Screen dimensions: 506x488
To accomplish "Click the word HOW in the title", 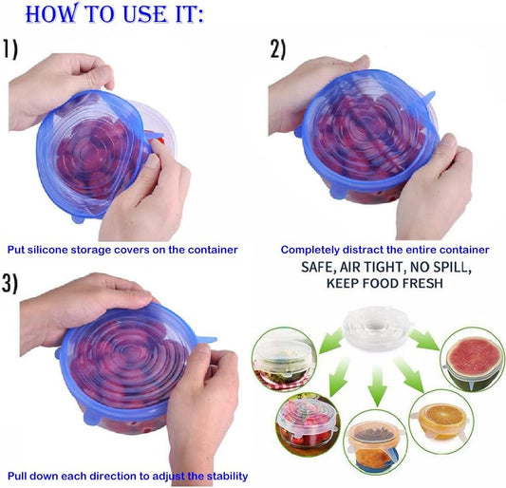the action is [x=51, y=13].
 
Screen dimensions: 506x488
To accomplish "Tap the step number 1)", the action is [x=10, y=49].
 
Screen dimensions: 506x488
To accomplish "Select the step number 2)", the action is [x=278, y=49].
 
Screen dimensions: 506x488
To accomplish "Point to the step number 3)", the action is [x=9, y=284].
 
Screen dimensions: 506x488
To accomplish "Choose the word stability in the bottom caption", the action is [x=227, y=476].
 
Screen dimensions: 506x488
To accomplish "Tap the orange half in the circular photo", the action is [x=442, y=418].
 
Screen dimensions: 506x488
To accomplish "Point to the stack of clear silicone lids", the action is [x=377, y=328].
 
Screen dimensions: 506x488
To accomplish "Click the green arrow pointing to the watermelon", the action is [x=424, y=340].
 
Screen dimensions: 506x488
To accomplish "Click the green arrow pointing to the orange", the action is [x=409, y=374].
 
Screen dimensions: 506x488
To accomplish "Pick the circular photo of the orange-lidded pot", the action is [x=375, y=446].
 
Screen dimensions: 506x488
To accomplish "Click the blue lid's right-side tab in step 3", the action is [x=206, y=340].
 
